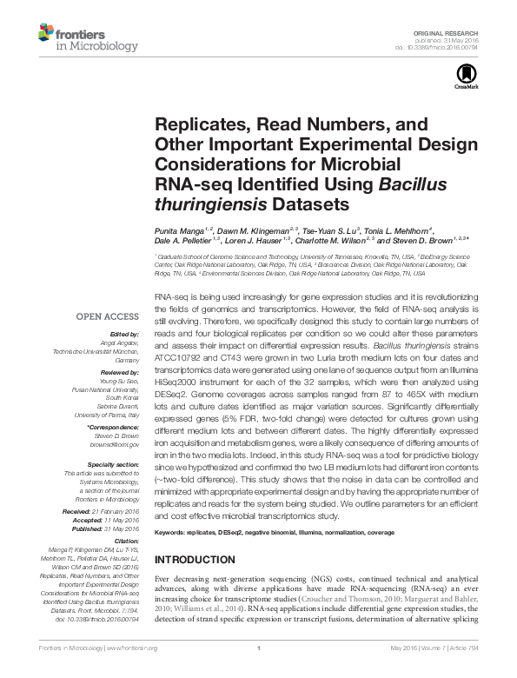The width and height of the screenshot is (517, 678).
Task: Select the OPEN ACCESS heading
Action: pos(109,317)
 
